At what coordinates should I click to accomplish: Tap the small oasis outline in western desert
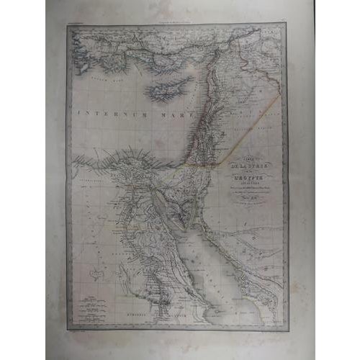coord(91,272)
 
